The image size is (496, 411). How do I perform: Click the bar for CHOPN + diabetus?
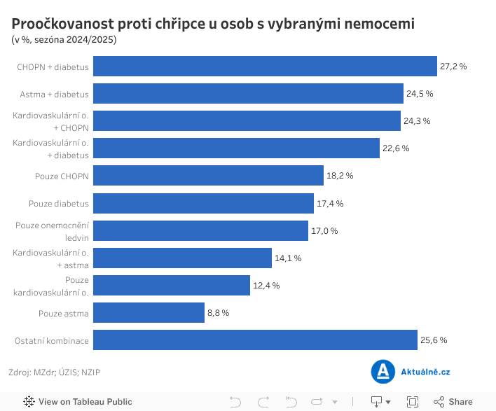point(265,66)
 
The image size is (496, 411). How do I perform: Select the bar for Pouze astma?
point(149,312)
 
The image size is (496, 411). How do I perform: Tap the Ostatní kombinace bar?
point(255,340)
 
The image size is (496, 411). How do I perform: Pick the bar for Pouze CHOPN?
point(208,176)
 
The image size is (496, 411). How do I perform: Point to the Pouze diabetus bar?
point(203,203)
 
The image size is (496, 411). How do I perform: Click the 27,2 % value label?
point(453,66)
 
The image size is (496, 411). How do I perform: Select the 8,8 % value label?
point(218,313)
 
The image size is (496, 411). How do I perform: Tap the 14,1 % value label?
point(288,258)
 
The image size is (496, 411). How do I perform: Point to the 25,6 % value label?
point(434,340)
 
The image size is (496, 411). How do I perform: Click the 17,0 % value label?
point(324,231)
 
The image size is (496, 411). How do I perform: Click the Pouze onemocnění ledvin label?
point(53,231)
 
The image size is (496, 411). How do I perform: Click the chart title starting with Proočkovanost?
point(213,24)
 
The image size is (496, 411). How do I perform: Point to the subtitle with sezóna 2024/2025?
point(64,39)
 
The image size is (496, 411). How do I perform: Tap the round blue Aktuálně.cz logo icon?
point(383,372)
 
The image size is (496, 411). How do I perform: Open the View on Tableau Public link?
point(78,402)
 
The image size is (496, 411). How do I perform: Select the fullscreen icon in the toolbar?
point(413,402)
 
